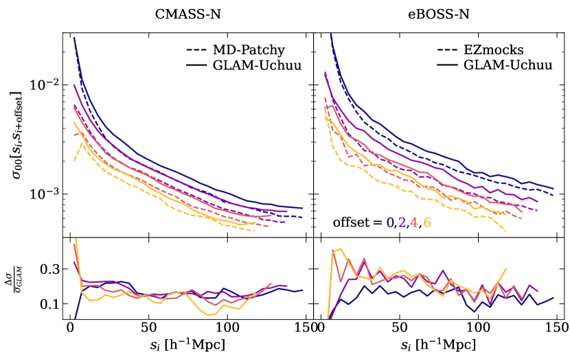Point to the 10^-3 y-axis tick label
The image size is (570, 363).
pos(45,194)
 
